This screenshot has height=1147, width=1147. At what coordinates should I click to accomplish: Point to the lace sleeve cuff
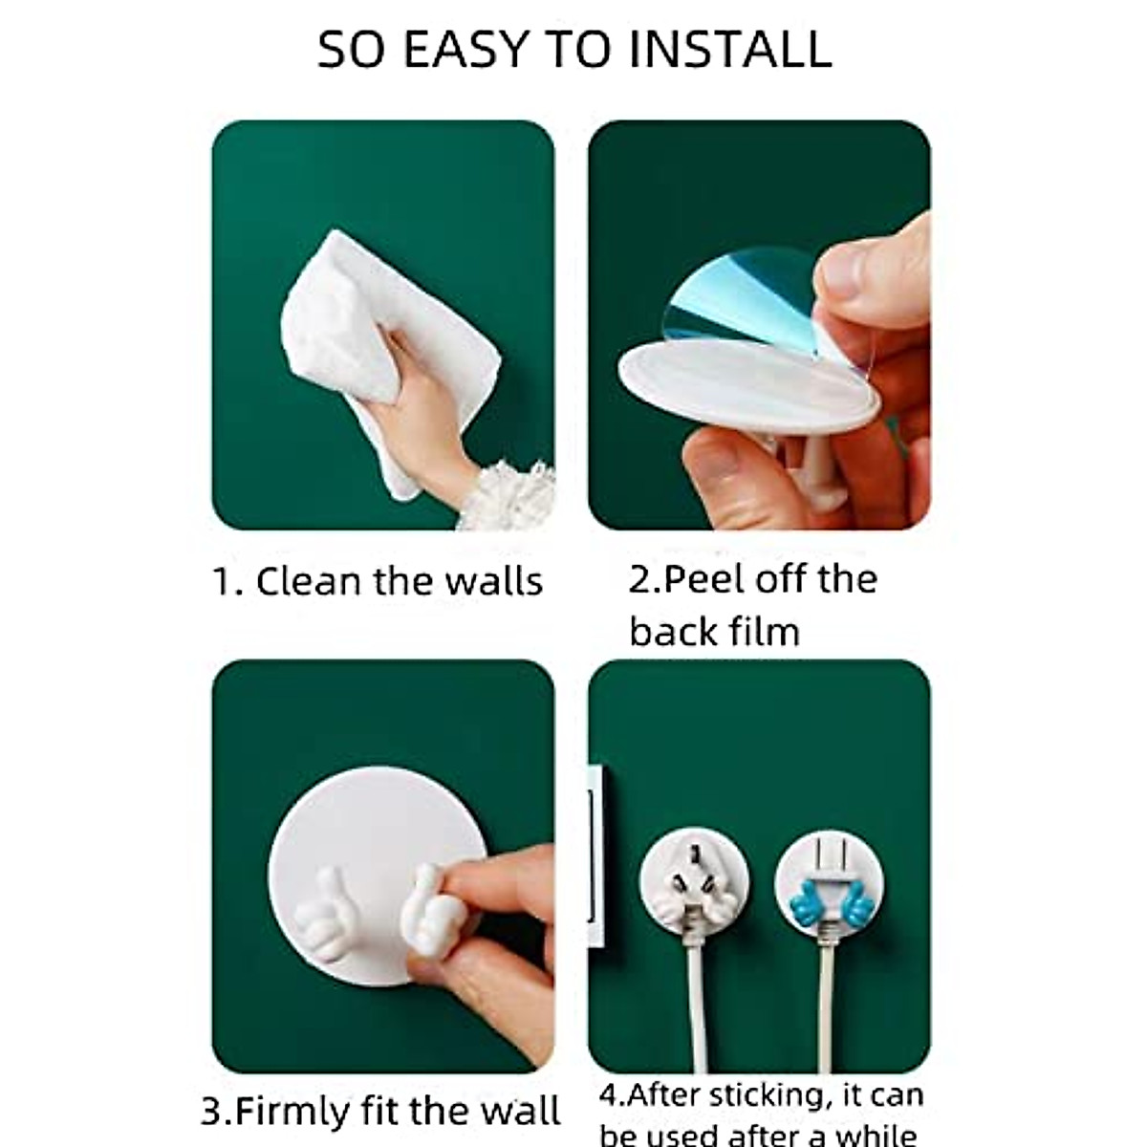pos(507,497)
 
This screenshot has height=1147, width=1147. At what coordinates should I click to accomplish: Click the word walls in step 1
pos(495,581)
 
